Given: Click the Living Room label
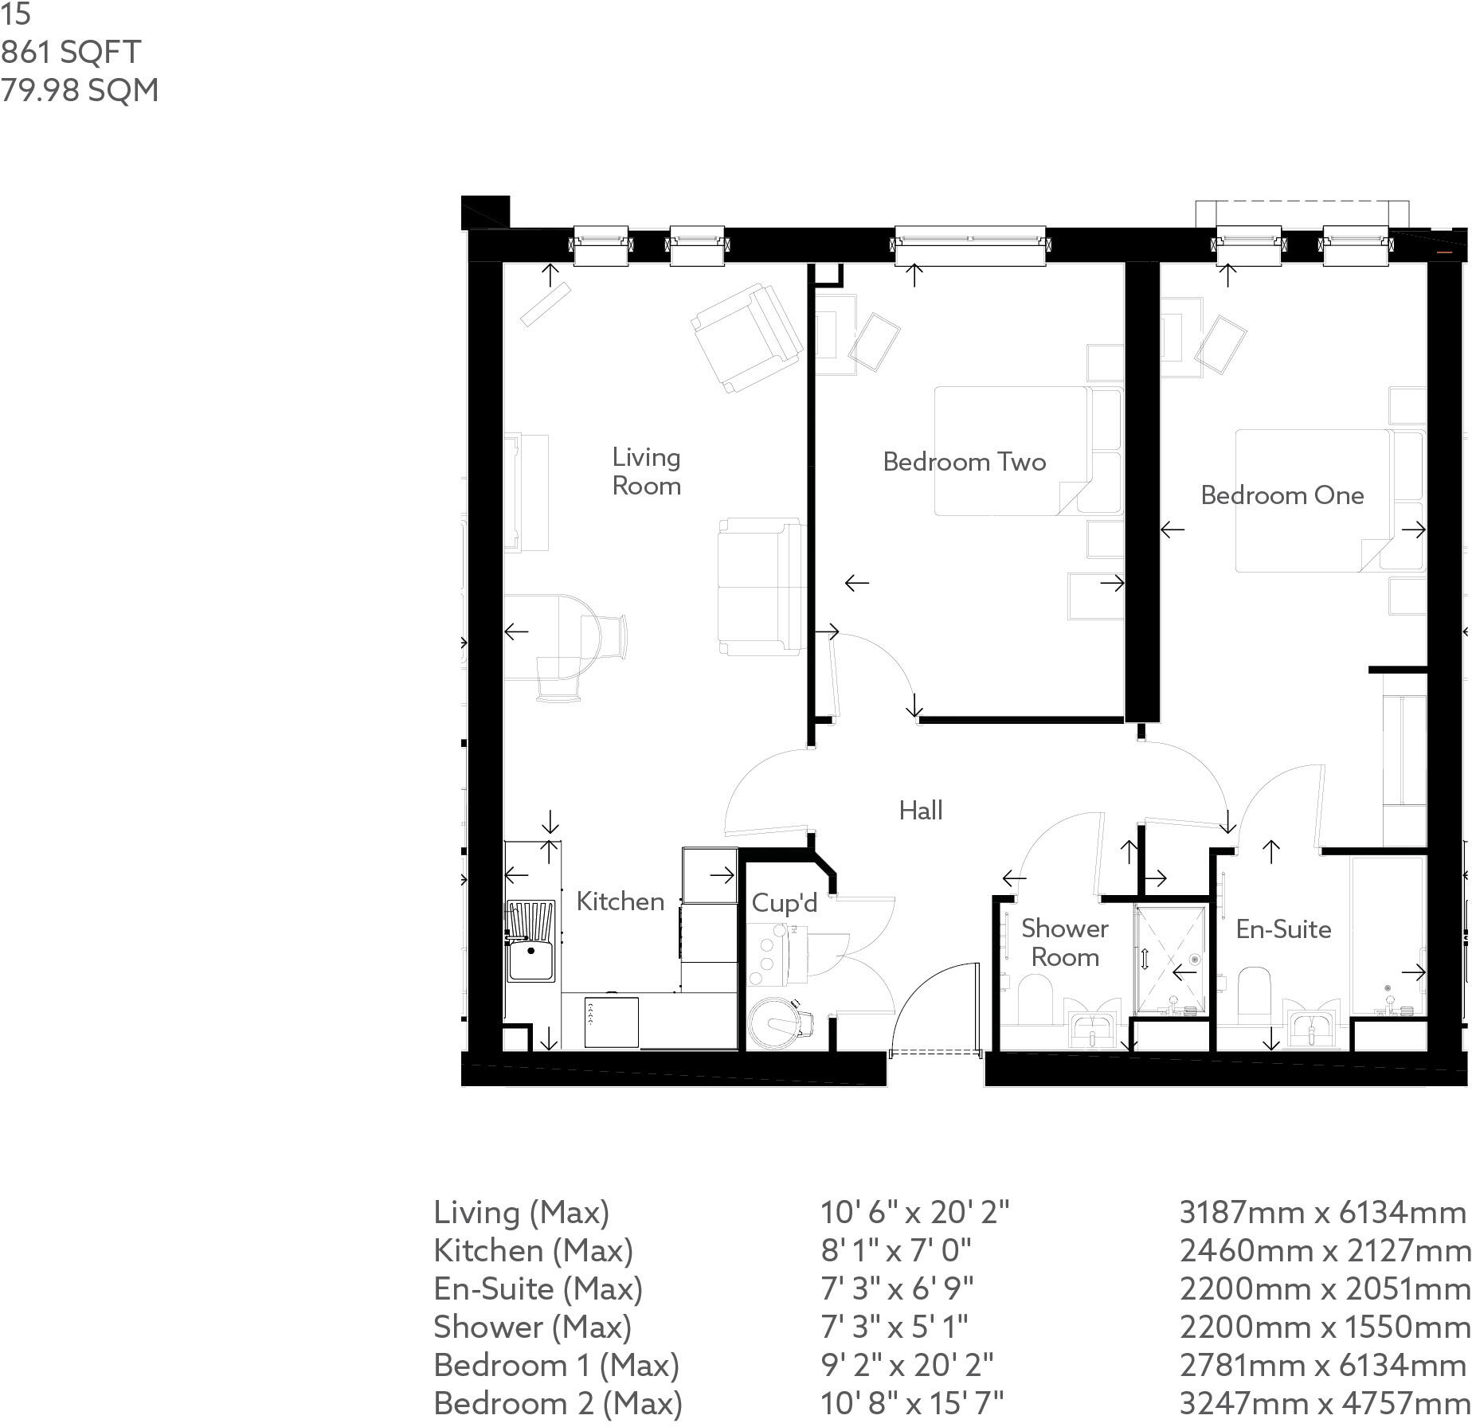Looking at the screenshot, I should (x=646, y=471).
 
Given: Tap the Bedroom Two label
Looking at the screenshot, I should (x=964, y=462).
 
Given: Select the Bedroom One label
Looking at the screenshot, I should (x=1282, y=495).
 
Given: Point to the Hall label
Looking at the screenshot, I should (x=921, y=811).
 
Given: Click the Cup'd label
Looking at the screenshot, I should (x=784, y=903).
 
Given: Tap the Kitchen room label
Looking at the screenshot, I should (x=620, y=901).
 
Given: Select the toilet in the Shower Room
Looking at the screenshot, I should (x=1035, y=1000).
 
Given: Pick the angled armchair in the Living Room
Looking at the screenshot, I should (x=746, y=338).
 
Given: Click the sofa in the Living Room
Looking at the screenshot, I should (x=759, y=587).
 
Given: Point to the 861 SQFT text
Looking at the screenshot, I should (x=71, y=52).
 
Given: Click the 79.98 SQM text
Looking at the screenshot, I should (x=80, y=90).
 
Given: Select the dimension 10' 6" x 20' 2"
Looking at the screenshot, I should (x=914, y=1212).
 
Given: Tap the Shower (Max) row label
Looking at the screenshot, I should (x=532, y=1327).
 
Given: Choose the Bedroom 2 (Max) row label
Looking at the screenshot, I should (x=558, y=1403).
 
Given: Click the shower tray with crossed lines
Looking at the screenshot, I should (x=1169, y=960).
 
